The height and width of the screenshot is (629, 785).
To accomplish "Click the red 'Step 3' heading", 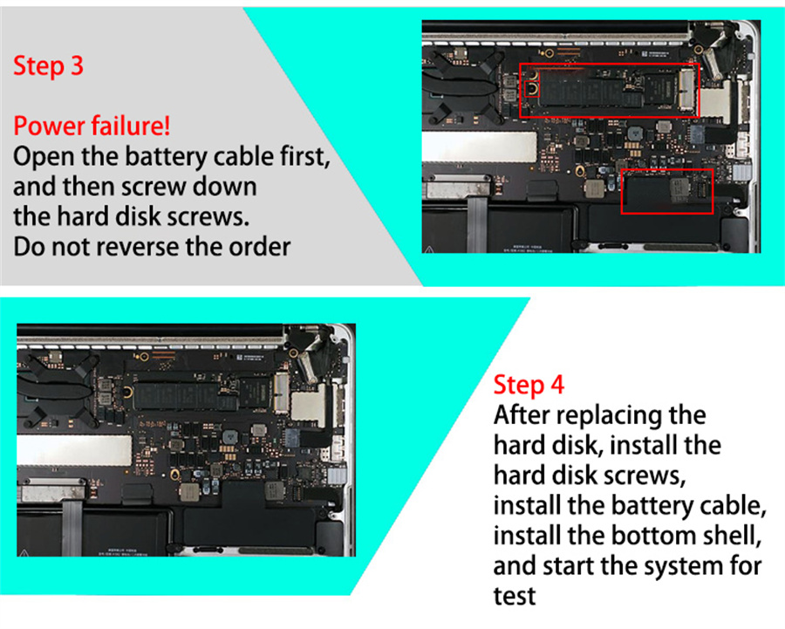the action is point(48,66).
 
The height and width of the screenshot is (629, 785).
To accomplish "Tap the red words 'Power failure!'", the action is point(92,126).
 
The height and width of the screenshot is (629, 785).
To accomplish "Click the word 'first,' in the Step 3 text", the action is point(305,156).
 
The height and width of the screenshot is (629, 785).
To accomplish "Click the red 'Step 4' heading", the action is point(529,385).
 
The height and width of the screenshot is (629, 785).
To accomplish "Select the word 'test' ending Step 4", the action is point(514,597).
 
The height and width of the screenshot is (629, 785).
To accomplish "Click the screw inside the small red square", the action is point(532,90).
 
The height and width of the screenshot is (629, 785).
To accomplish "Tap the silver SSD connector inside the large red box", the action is point(687,89).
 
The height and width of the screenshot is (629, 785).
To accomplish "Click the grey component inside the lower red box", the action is point(679,190).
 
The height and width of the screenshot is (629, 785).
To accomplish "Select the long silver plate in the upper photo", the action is point(479,147).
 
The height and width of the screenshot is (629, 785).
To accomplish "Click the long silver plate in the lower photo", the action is point(74,449).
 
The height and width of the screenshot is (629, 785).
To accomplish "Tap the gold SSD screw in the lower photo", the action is point(129,392).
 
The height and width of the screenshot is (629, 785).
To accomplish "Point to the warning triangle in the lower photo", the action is point(23,552).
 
